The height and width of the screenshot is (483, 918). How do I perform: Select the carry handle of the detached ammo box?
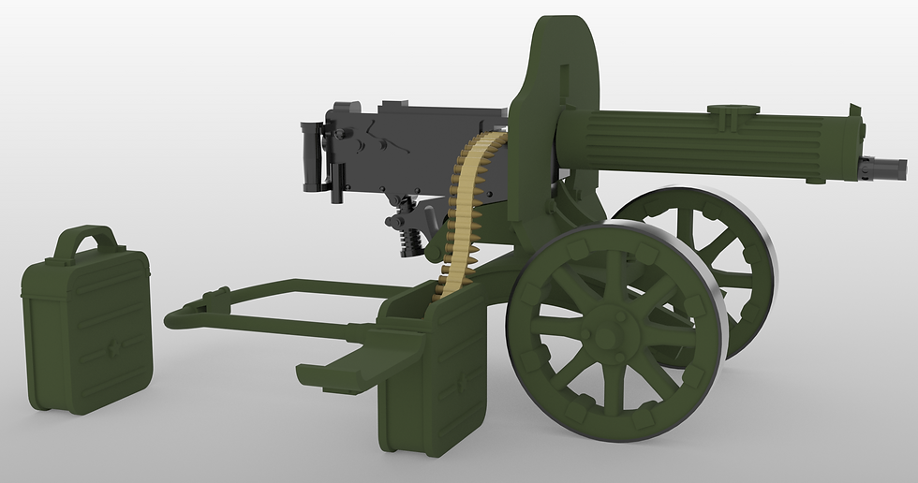86,240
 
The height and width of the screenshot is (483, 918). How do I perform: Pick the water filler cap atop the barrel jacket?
733,110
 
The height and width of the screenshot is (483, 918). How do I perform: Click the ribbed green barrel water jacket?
712,145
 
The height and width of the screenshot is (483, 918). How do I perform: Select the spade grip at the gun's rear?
311,154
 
